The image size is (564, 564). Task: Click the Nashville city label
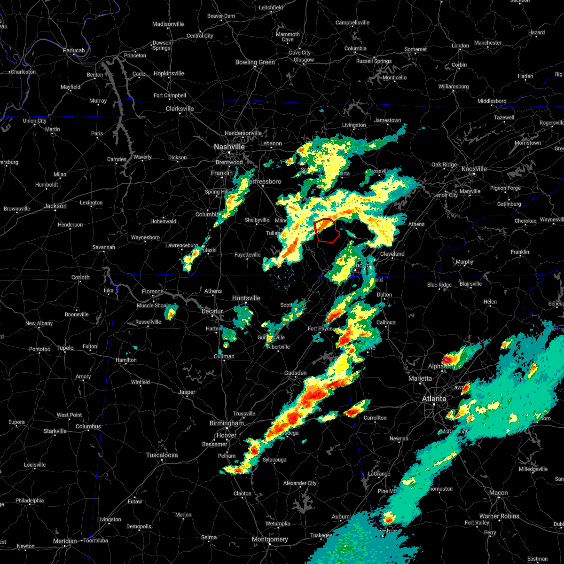(x=229, y=147)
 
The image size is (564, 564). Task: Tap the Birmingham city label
(x=227, y=423)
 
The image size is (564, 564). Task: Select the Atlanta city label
(x=434, y=399)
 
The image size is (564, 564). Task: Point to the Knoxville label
(x=474, y=169)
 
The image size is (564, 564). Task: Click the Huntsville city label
(x=246, y=298)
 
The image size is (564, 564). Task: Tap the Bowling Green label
(x=255, y=63)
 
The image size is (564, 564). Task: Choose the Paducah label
(x=74, y=51)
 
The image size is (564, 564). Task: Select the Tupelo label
(x=65, y=348)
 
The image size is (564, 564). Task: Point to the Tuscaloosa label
(x=162, y=455)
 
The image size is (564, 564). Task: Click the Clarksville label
(x=180, y=109)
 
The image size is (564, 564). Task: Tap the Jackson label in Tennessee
(x=55, y=206)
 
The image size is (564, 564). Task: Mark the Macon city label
(x=498, y=493)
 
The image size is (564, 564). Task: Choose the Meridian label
(x=64, y=541)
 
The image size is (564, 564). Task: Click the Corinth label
(x=80, y=278)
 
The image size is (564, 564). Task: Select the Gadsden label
(x=296, y=373)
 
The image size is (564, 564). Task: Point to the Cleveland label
(x=392, y=254)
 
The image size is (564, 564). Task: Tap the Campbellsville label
(x=352, y=23)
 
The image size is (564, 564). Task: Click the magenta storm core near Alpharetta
(x=446, y=360)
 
